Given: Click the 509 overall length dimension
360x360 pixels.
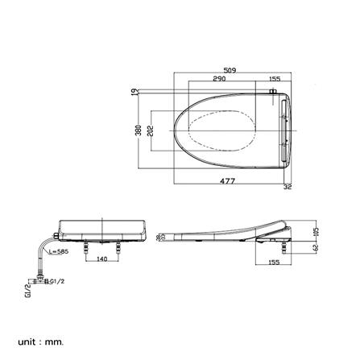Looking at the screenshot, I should click(x=230, y=71).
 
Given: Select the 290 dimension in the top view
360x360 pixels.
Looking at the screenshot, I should click(x=219, y=79).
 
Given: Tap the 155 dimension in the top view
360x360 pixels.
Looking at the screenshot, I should click(x=275, y=79).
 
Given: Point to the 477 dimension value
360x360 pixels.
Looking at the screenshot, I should click(x=228, y=181).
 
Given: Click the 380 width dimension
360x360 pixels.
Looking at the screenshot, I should click(x=139, y=131).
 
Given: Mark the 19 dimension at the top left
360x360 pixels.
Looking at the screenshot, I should click(x=134, y=93).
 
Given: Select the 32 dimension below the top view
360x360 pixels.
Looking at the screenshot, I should click(x=288, y=187).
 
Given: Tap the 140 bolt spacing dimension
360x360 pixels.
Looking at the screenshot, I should click(x=102, y=259).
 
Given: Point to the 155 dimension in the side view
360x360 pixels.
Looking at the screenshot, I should click(x=273, y=263).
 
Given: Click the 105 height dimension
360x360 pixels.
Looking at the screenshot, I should click(x=315, y=232).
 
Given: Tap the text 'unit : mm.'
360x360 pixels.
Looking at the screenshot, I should click(x=39, y=341).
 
